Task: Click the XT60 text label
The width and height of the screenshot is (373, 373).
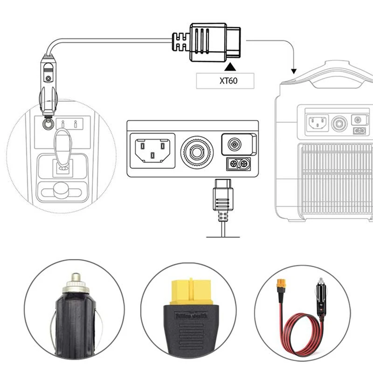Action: point(225,81)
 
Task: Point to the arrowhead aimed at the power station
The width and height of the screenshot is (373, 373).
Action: point(293,72)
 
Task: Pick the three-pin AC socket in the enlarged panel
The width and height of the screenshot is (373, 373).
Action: point(152,149)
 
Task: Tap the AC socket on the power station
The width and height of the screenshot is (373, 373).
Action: point(316,123)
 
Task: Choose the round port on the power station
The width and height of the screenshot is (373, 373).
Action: point(338,123)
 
